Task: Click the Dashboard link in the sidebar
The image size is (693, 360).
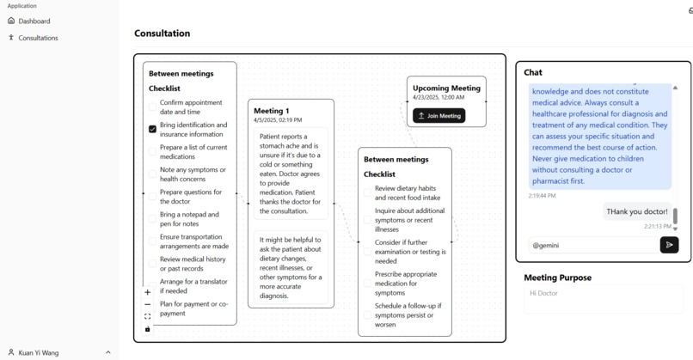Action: (34, 21)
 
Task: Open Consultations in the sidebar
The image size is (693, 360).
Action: (38, 38)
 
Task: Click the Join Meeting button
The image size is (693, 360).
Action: (438, 115)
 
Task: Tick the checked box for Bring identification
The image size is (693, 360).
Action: (152, 129)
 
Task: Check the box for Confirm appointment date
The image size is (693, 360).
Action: (152, 107)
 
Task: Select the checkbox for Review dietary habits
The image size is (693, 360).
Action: (367, 192)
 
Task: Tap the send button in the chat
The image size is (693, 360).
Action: (669, 245)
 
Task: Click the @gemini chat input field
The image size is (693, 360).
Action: (591, 245)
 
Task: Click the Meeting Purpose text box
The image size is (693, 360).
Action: (603, 298)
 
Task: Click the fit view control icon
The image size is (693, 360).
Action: (147, 316)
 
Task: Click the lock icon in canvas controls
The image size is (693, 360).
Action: (147, 328)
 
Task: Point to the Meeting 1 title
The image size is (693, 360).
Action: (271, 111)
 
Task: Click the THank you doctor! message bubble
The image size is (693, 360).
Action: (636, 211)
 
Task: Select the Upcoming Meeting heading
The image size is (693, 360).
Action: (446, 88)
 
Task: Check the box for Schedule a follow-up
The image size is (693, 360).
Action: (367, 314)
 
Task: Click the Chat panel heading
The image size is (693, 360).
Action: (533, 72)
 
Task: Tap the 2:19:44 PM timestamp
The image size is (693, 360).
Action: (542, 196)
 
